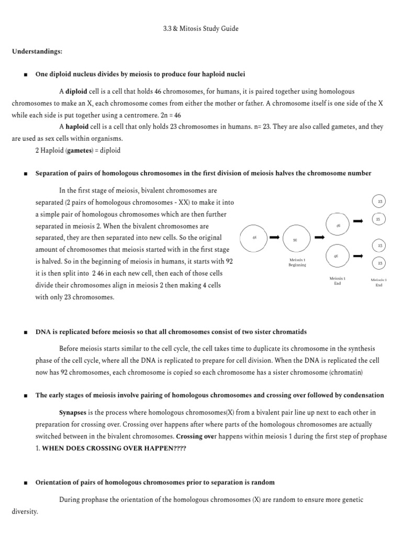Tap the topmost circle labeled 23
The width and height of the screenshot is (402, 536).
[379, 202]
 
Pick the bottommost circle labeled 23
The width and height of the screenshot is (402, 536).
[379, 263]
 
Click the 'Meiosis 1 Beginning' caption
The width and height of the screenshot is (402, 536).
[297, 262]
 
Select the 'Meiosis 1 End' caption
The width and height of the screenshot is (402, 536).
[337, 281]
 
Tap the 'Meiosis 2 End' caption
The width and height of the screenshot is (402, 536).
[379, 283]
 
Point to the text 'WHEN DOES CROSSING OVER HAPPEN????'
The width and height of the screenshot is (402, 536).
[114, 448]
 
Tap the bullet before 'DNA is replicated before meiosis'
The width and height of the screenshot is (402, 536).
[25, 332]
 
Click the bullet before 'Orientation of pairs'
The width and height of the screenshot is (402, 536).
[25, 482]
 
